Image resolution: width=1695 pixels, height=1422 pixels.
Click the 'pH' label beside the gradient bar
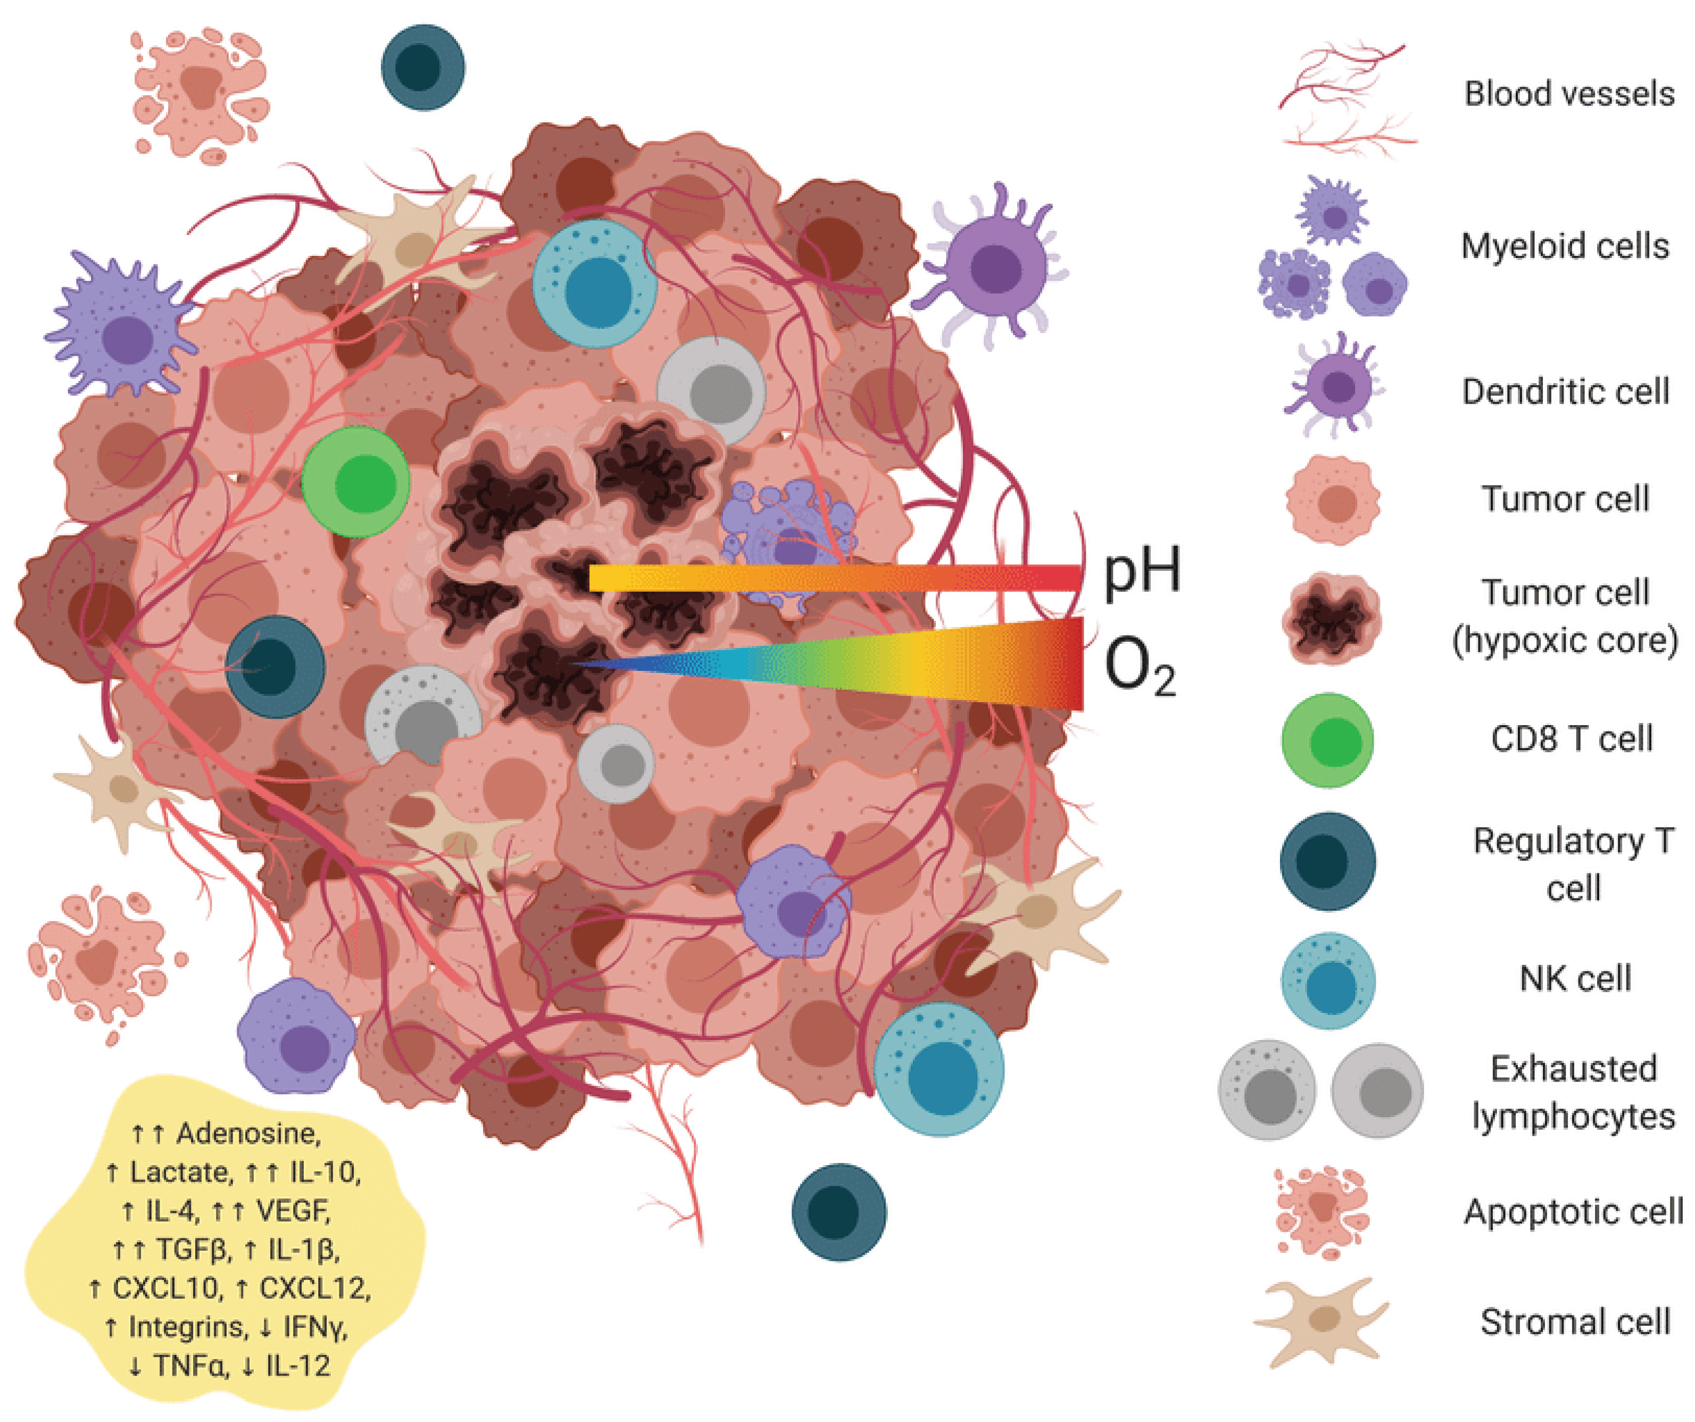[1141, 571]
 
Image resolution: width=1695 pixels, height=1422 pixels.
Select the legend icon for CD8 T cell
[1328, 740]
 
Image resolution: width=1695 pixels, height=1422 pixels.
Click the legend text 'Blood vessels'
[1568, 94]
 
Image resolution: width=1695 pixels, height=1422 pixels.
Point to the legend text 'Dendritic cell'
[1565, 392]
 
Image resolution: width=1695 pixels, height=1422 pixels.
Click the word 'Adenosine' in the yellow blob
[248, 1133]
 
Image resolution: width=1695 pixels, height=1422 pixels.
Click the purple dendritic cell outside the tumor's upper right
[995, 267]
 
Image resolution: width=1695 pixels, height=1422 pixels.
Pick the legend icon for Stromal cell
[1322, 1321]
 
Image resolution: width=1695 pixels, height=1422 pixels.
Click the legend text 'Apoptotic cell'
[1573, 1211]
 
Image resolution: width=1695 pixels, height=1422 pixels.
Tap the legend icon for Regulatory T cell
[1328, 861]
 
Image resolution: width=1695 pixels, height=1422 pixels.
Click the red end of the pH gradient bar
[1066, 578]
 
